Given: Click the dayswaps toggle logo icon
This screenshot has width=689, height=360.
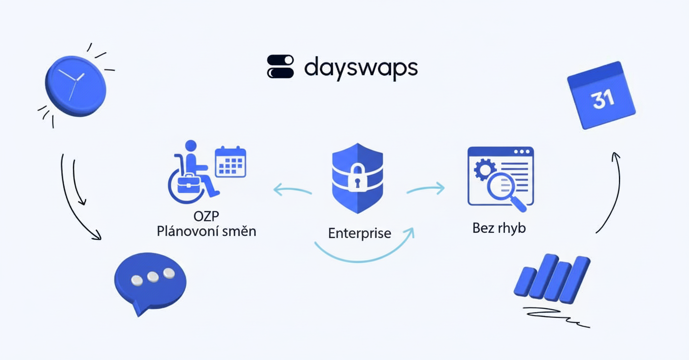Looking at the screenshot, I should tap(280, 67).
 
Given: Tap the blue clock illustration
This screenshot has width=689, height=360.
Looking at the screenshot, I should tap(75, 85).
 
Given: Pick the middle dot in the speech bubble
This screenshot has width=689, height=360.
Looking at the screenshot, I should tap(153, 277).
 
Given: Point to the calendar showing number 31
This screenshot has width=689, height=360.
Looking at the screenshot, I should tap(601, 95).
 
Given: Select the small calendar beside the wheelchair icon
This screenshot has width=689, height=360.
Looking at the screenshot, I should tap(230, 161).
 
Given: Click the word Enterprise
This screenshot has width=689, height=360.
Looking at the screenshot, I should tap(359, 233).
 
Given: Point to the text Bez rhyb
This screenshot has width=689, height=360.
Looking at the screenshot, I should tap(499, 228).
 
